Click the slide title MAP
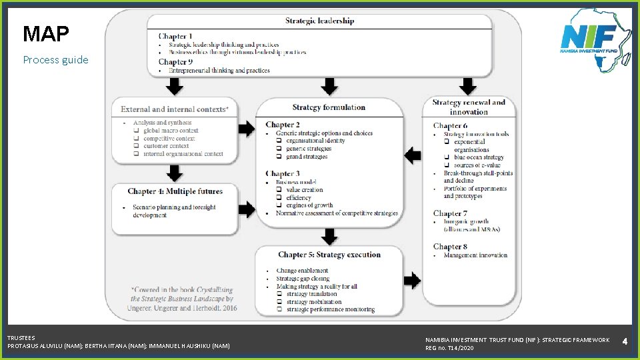(x=46, y=33)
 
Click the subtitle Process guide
(x=55, y=59)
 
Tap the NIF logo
(x=595, y=39)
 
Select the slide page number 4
(x=625, y=341)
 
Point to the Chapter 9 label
(x=175, y=62)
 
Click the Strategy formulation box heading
(x=329, y=107)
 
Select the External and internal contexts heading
(x=175, y=109)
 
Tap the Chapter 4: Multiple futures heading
(x=175, y=191)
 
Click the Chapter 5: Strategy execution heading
(x=329, y=255)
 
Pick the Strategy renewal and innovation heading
(x=469, y=107)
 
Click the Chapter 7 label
(x=450, y=213)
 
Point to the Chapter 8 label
(x=450, y=247)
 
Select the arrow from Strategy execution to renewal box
(x=412, y=281)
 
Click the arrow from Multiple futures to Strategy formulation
(x=247, y=209)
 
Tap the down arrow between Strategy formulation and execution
(x=329, y=236)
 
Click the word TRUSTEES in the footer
(x=21, y=338)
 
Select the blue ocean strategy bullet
(x=479, y=157)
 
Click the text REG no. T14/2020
(x=449, y=348)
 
